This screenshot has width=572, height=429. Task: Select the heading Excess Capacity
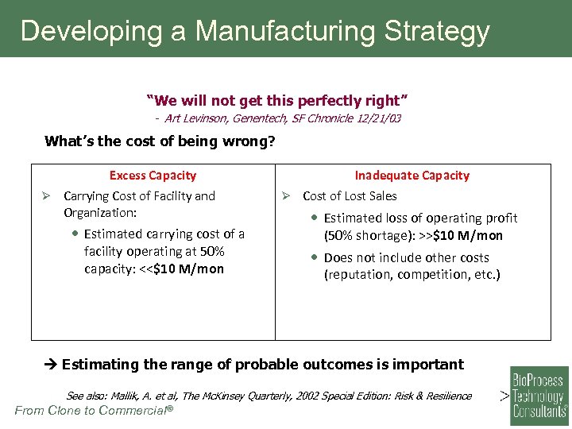tap(153, 176)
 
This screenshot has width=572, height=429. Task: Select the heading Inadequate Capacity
tap(412, 176)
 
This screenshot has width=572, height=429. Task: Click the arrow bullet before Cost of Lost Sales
tap(288, 196)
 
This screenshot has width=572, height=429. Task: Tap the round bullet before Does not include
tap(315, 258)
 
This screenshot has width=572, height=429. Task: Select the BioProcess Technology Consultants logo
tap(539, 391)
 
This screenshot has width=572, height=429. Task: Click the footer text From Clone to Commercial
tap(94, 411)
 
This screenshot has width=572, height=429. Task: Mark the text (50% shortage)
tap(366, 235)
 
